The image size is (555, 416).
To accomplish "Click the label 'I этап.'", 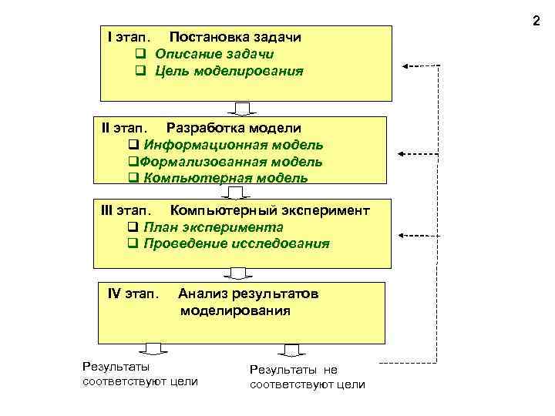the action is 129,36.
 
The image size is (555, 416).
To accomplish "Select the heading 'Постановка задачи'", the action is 235,36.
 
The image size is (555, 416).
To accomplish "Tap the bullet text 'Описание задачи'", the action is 214,54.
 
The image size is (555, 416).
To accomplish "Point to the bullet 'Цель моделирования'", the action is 229,71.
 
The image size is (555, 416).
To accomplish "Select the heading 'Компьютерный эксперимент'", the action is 270,210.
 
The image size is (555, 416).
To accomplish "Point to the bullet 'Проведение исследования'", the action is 236,243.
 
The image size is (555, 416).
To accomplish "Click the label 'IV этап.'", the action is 133,294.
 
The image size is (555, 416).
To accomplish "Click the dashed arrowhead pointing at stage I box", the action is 407,66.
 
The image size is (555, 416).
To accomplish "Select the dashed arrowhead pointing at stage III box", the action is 405,234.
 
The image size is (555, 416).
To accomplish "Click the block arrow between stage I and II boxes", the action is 241,108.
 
